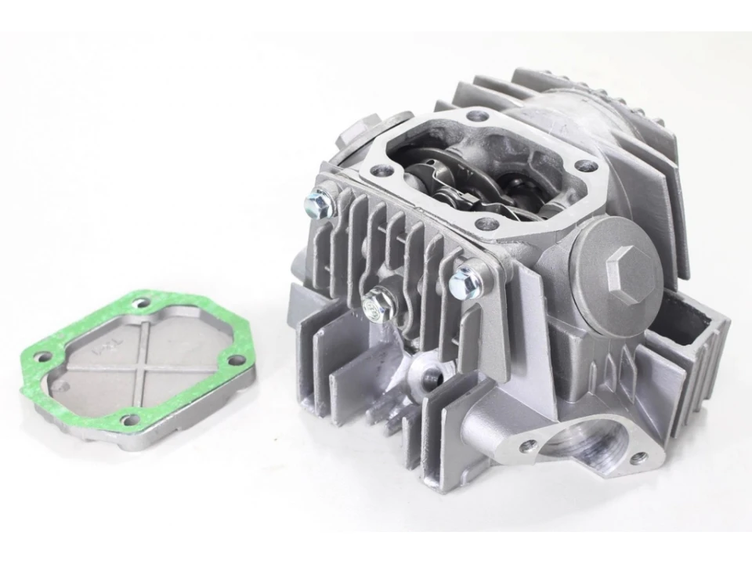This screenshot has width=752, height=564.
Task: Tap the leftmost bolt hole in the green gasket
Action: [43, 357]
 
